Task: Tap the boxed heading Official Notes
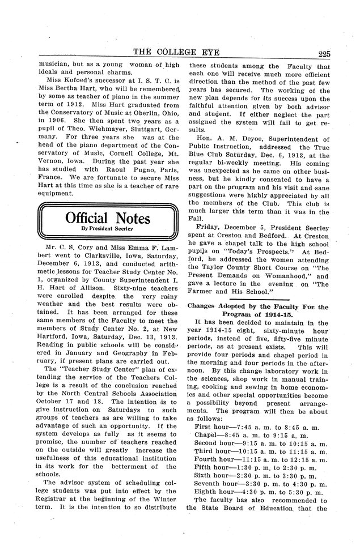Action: tap(107, 219)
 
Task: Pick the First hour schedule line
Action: tap(258, 425)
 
